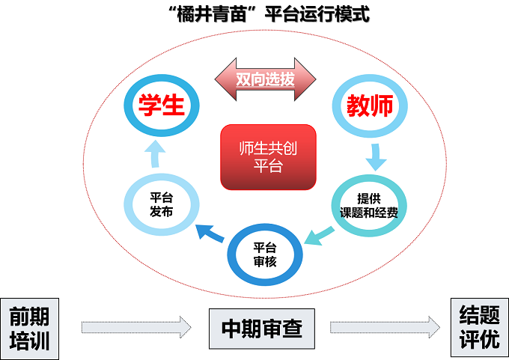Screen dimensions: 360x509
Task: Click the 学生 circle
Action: pos(162,106)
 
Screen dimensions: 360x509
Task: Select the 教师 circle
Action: pos(369,106)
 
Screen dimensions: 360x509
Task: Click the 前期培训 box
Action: pos(29,327)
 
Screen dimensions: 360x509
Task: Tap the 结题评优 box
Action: pos(479,327)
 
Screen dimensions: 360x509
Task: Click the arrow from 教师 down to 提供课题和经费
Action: pos(375,156)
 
